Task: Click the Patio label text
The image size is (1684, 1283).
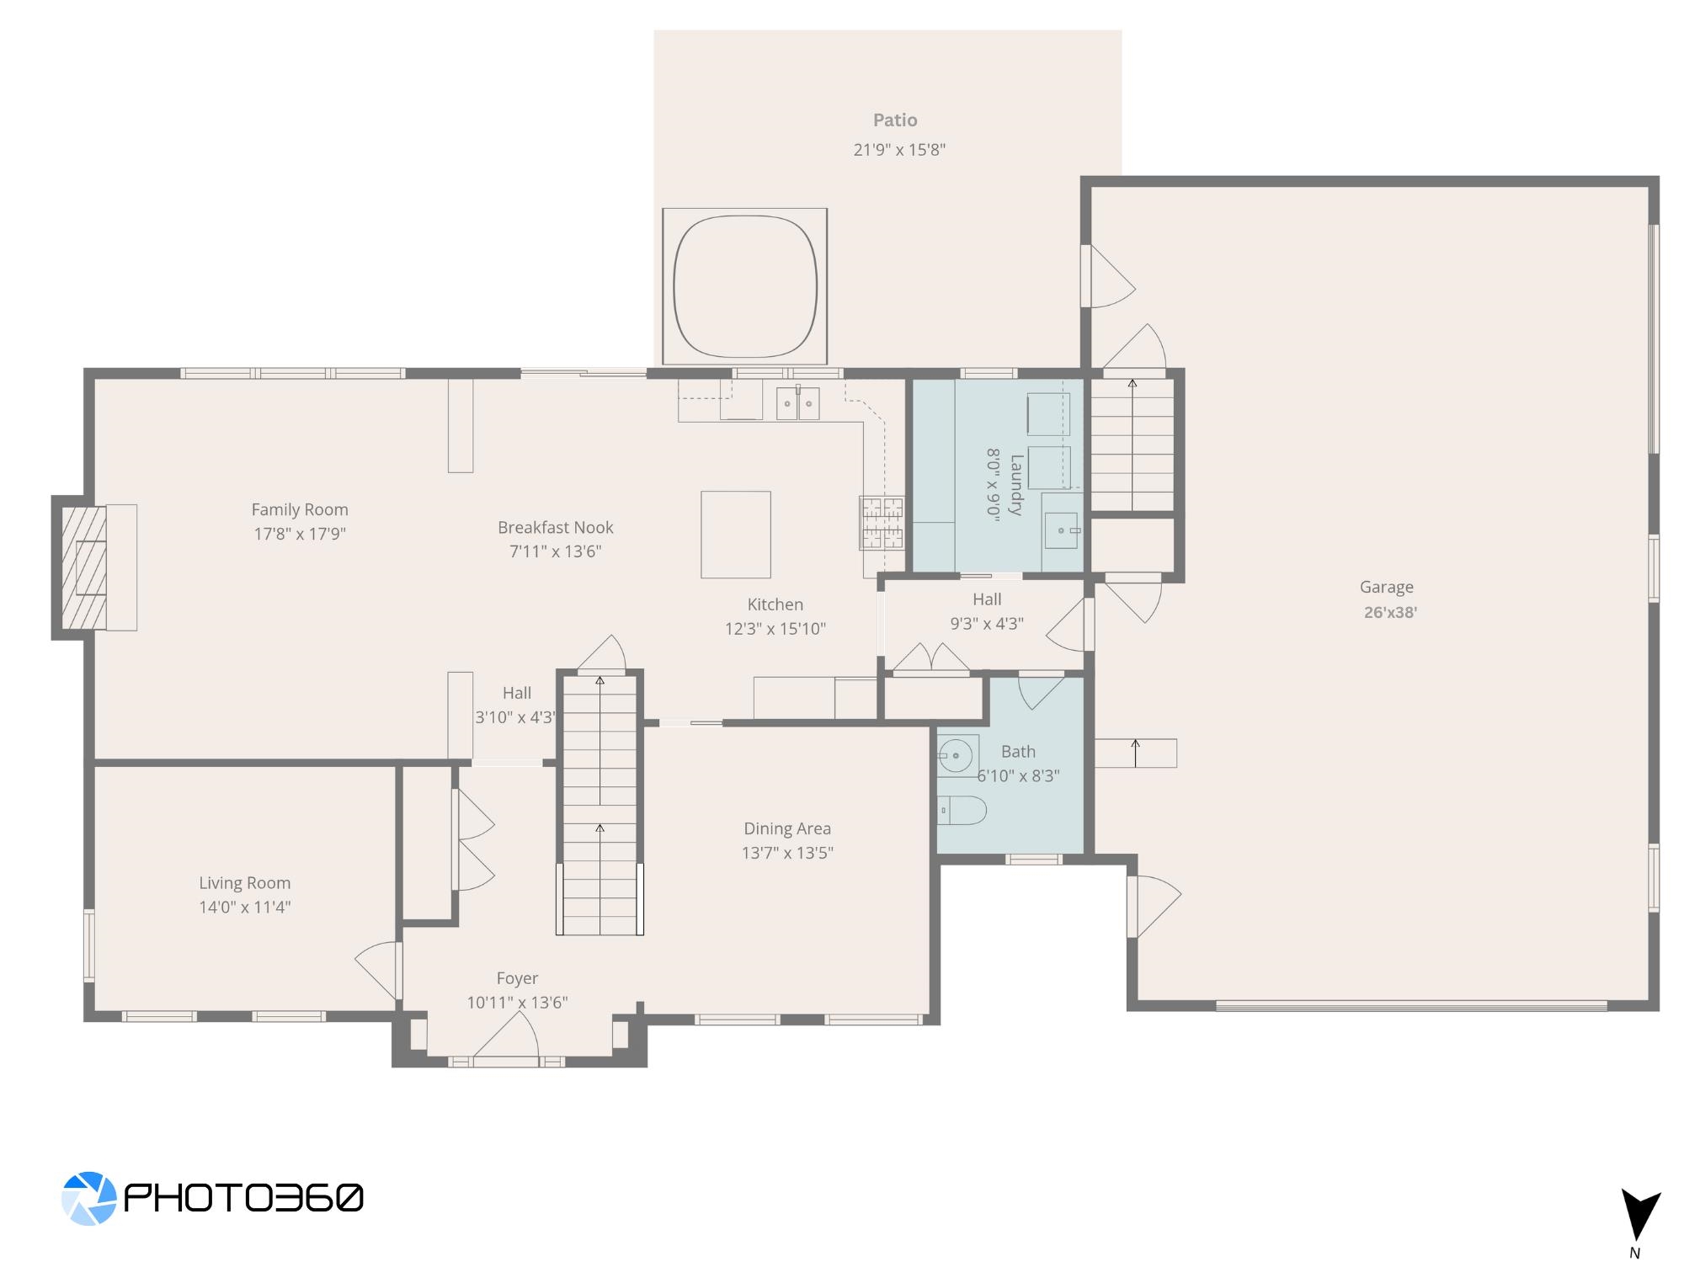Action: click(x=895, y=120)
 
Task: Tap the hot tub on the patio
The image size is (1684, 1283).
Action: click(x=745, y=286)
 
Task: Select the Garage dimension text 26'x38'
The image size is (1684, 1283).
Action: click(x=1390, y=612)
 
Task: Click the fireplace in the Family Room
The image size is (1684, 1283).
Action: click(x=84, y=567)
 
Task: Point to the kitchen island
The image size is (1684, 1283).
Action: click(x=736, y=535)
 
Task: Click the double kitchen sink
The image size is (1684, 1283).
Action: click(x=797, y=403)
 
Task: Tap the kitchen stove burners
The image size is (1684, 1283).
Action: click(x=882, y=523)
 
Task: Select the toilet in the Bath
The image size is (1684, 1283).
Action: click(x=962, y=811)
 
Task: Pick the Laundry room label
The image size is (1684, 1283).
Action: click(x=1016, y=485)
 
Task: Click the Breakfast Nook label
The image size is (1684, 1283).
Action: click(x=556, y=528)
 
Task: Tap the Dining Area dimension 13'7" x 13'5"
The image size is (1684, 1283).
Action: click(x=787, y=853)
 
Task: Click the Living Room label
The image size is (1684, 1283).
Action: click(x=245, y=883)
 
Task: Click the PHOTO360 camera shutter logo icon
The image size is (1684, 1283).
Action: click(x=88, y=1197)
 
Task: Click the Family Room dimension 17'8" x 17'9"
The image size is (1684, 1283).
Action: click(x=300, y=534)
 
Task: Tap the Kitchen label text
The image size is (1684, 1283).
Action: click(x=775, y=604)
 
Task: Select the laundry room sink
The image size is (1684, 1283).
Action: click(x=1062, y=531)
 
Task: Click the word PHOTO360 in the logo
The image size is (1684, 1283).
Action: click(x=244, y=1197)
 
